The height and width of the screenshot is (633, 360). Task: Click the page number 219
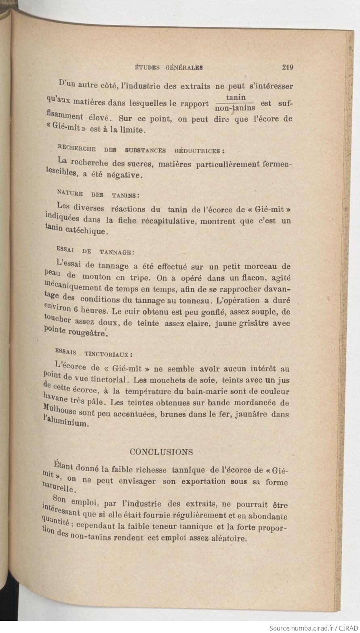click(x=288, y=68)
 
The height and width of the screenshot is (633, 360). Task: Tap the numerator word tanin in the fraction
click(x=234, y=97)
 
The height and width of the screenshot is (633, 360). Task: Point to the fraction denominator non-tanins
click(x=235, y=108)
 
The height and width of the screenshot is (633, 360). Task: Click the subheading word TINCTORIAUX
click(x=108, y=354)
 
